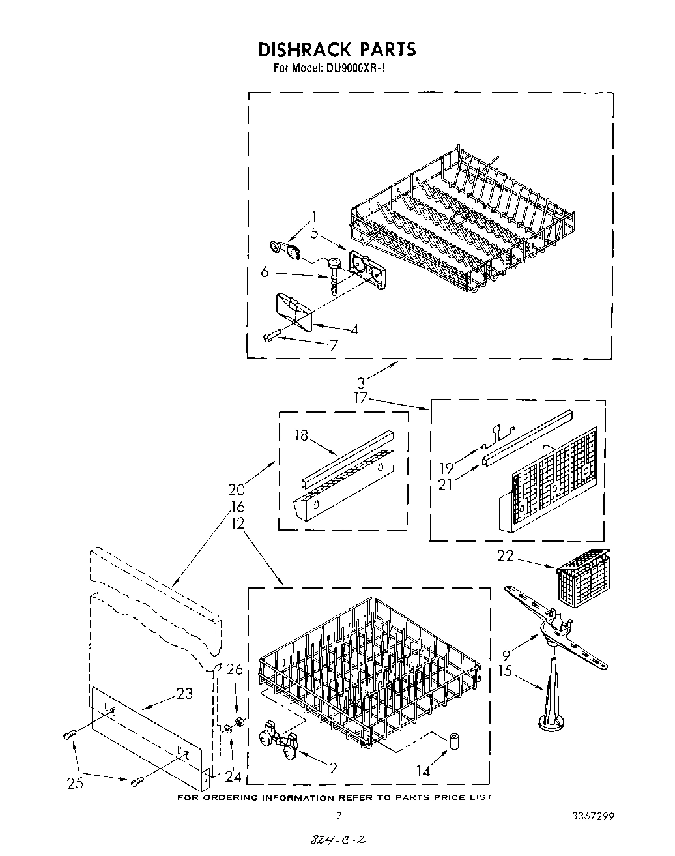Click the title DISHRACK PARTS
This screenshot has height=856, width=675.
pos(337,50)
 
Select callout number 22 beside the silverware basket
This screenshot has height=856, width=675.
pos(506,556)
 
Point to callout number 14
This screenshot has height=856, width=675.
pos(423,771)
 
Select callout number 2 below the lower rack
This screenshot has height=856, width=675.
pos(333,769)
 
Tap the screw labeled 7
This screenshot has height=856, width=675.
pos(270,336)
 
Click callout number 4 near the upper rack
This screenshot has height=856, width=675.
pos(354,330)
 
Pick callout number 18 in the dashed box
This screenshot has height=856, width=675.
pos(301,436)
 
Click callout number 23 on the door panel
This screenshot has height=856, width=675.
pos(185,694)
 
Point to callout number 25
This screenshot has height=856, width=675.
pos(75,782)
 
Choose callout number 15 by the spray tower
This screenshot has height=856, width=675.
pos(506,670)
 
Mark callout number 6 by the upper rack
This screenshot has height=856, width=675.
pos(265,273)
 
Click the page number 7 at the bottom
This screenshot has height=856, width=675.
pos(338,816)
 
